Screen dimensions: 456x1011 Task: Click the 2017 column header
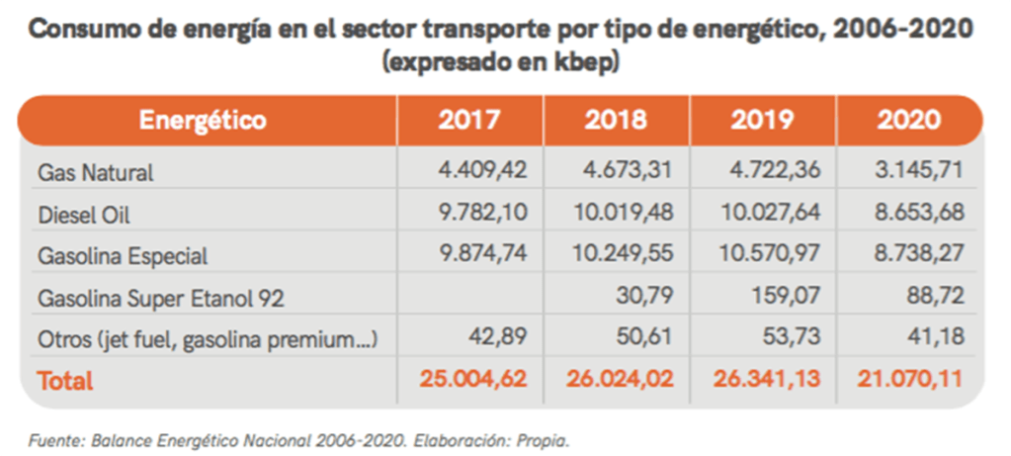tap(469, 121)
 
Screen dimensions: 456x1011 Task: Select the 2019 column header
tap(762, 121)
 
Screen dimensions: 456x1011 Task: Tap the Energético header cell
tap(203, 121)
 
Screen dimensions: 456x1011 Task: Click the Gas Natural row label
tap(95, 172)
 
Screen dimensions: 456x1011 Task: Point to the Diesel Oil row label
tap(83, 215)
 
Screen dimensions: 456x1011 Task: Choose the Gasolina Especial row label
tap(123, 256)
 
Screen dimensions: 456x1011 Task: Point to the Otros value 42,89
tap(501, 338)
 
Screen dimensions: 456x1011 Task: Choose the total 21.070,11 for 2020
tap(906, 380)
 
